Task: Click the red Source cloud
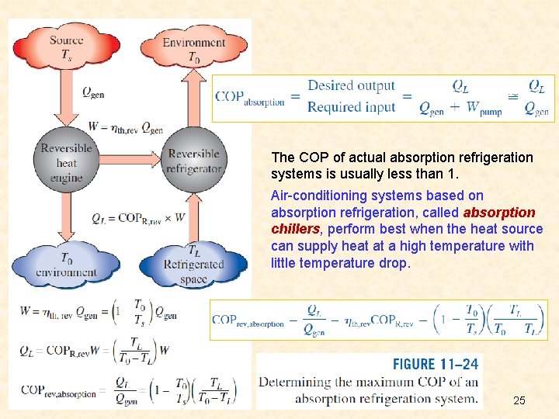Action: click(67, 47)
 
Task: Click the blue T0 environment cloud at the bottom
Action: click(67, 265)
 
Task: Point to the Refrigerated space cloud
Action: click(193, 264)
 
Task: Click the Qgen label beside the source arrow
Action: click(93, 92)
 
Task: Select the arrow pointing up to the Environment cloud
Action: click(194, 101)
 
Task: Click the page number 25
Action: click(519, 400)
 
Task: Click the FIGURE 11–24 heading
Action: click(435, 363)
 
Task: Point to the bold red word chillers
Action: click(296, 229)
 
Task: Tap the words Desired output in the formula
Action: click(351, 86)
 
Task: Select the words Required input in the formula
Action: click(351, 107)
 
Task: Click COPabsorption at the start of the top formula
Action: click(250, 98)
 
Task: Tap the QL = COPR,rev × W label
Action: click(138, 218)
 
